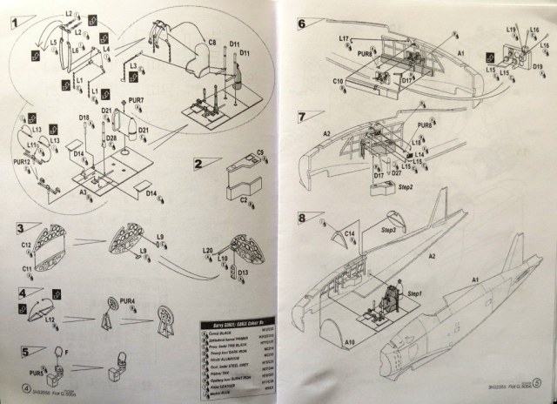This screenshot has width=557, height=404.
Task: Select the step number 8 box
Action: tap(303, 217)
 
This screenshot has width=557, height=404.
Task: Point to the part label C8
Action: tap(211, 42)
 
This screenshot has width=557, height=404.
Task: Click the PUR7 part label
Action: tap(137, 101)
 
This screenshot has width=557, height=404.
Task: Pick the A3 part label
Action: tap(84, 190)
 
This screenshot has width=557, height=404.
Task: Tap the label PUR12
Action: tap(22, 162)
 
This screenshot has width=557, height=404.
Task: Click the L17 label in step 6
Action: tap(345, 39)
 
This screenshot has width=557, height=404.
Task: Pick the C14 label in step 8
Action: tap(348, 232)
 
